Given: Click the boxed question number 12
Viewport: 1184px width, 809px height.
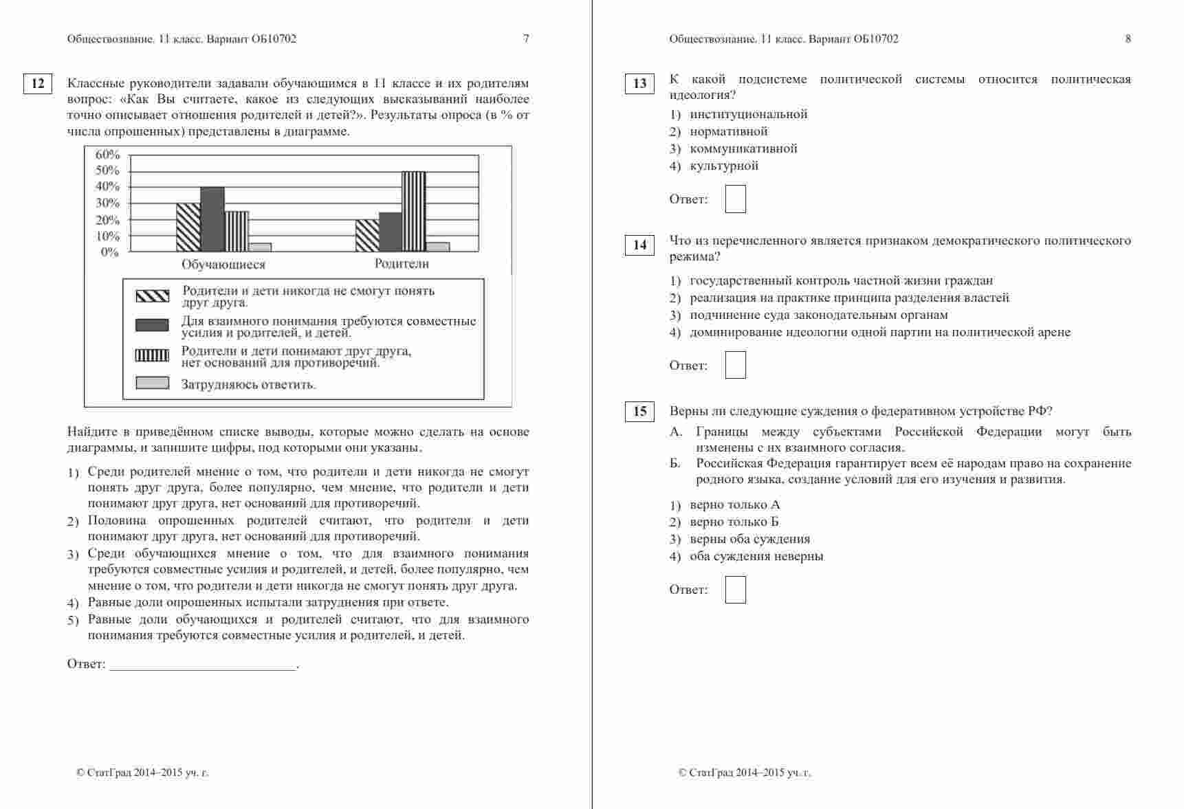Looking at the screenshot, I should coord(38,84).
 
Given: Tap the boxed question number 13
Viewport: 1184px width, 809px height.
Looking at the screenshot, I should coord(639,84).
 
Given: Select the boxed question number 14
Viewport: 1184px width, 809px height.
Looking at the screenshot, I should coord(639,245).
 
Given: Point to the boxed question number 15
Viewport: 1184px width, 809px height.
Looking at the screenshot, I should coord(639,412).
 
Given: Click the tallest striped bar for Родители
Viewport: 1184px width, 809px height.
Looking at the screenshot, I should coord(413,212).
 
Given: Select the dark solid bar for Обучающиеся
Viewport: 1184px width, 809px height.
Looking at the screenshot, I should coord(212,219).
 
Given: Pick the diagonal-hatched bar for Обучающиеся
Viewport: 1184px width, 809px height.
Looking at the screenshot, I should coord(188,228).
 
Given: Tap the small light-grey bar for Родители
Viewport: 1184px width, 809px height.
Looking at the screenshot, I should coord(437,247).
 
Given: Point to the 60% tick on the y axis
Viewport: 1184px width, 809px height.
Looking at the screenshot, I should coord(107,155).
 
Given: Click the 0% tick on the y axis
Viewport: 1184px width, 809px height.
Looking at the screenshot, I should coord(110,252).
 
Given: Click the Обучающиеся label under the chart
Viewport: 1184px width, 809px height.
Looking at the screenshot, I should coord(223,265).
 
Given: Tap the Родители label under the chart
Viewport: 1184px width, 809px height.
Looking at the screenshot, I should coord(402,264).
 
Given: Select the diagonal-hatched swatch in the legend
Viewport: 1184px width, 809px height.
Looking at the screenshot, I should coord(152,296).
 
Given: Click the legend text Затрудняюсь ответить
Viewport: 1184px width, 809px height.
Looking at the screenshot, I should coord(248,385).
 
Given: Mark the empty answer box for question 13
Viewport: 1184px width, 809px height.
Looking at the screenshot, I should coord(735,199).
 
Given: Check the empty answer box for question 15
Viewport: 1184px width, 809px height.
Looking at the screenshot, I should coord(735,590).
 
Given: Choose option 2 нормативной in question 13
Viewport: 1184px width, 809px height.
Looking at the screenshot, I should coord(728,131).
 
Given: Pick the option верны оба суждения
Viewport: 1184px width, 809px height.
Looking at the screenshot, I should coord(749,539).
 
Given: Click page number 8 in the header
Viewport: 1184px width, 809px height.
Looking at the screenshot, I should coord(1128,39).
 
